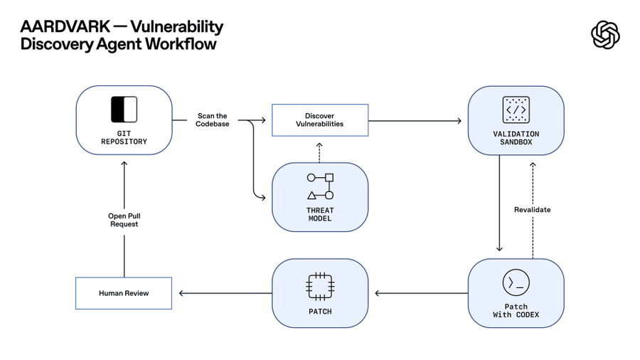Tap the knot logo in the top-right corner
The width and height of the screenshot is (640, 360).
605,35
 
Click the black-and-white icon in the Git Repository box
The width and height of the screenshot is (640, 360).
124,110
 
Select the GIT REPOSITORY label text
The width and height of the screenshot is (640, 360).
124,137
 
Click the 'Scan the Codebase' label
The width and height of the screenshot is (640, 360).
212,120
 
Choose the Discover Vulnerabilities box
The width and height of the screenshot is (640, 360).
320,120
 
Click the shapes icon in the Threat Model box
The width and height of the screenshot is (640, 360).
320,186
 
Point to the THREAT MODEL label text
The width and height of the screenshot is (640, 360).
320,214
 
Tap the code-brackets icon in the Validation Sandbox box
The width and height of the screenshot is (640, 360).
516,110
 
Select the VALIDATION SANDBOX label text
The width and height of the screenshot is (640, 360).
516,138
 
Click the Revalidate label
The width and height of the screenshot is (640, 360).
532,210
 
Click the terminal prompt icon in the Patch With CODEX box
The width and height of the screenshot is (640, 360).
516,283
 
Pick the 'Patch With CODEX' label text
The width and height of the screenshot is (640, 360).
516,311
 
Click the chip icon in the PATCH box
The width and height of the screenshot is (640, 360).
320,285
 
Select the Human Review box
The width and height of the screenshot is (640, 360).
124,293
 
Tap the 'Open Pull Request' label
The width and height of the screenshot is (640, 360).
124,220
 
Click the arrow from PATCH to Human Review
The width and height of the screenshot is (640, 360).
225,293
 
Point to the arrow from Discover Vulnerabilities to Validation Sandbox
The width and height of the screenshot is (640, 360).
416,121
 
